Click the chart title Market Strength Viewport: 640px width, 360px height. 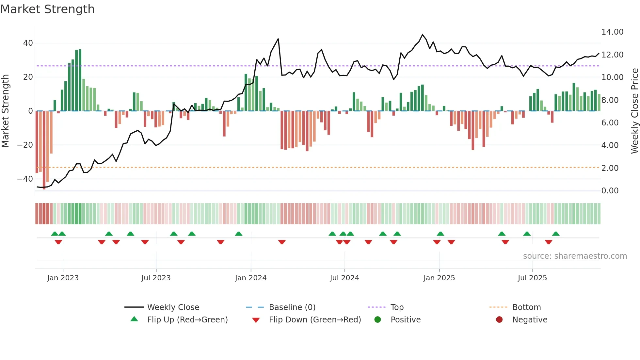pos(47,9)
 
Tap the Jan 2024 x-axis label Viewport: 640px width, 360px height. pos(250,278)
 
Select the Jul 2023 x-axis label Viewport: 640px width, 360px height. pos(156,278)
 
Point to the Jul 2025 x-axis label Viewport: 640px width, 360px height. pos(532,278)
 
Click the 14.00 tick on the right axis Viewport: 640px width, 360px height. pos(612,32)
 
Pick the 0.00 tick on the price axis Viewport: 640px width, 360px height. pos(610,191)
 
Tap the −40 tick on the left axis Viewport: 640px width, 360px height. pos(25,179)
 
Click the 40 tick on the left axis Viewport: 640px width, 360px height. pos(28,43)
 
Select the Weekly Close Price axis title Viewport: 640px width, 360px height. pos(634,111)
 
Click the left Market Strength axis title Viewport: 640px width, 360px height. pos(6,111)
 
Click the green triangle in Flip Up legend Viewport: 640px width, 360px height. pos(134,319)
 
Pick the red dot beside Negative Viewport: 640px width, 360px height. pos(499,320)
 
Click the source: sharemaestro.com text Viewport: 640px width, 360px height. pos(575,256)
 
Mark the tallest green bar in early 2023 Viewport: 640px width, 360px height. pos(80,80)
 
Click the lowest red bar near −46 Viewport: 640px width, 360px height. pos(44,150)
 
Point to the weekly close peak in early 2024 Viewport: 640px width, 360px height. pos(278,39)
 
